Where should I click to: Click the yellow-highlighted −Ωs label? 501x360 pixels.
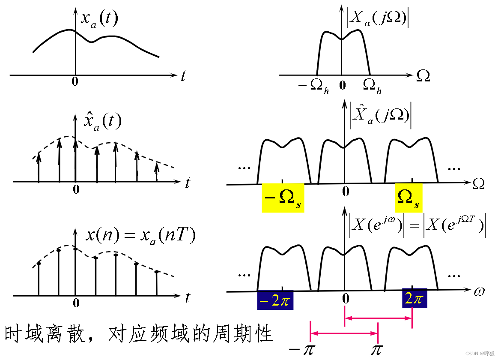click(283, 198)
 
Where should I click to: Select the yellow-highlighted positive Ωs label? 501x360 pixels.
click(409, 198)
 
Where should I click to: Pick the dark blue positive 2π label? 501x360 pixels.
click(415, 299)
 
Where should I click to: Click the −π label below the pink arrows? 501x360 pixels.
click(302, 349)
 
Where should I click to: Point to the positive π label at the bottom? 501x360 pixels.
click(376, 349)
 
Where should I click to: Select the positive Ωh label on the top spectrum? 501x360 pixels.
click(372, 86)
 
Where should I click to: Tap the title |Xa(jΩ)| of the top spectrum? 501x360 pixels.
click(377, 19)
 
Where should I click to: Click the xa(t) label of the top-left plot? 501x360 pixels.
click(100, 19)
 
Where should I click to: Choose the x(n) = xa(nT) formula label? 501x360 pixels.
click(140, 236)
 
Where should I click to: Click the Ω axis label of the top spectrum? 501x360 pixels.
click(423, 76)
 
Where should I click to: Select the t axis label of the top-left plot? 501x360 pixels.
click(184, 76)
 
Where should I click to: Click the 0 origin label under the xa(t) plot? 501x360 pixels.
click(75, 81)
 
